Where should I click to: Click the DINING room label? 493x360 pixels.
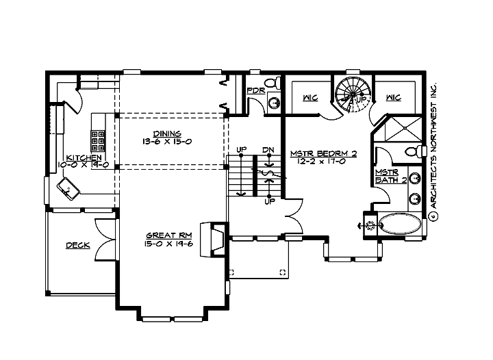pos(167,133)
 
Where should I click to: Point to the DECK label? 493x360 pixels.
pos(77,245)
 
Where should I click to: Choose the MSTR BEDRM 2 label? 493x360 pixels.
pos(323,154)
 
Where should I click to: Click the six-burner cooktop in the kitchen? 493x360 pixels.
pos(97,140)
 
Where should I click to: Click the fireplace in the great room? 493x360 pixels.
pos(214,240)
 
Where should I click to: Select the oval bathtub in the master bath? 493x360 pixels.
pos(402,224)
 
